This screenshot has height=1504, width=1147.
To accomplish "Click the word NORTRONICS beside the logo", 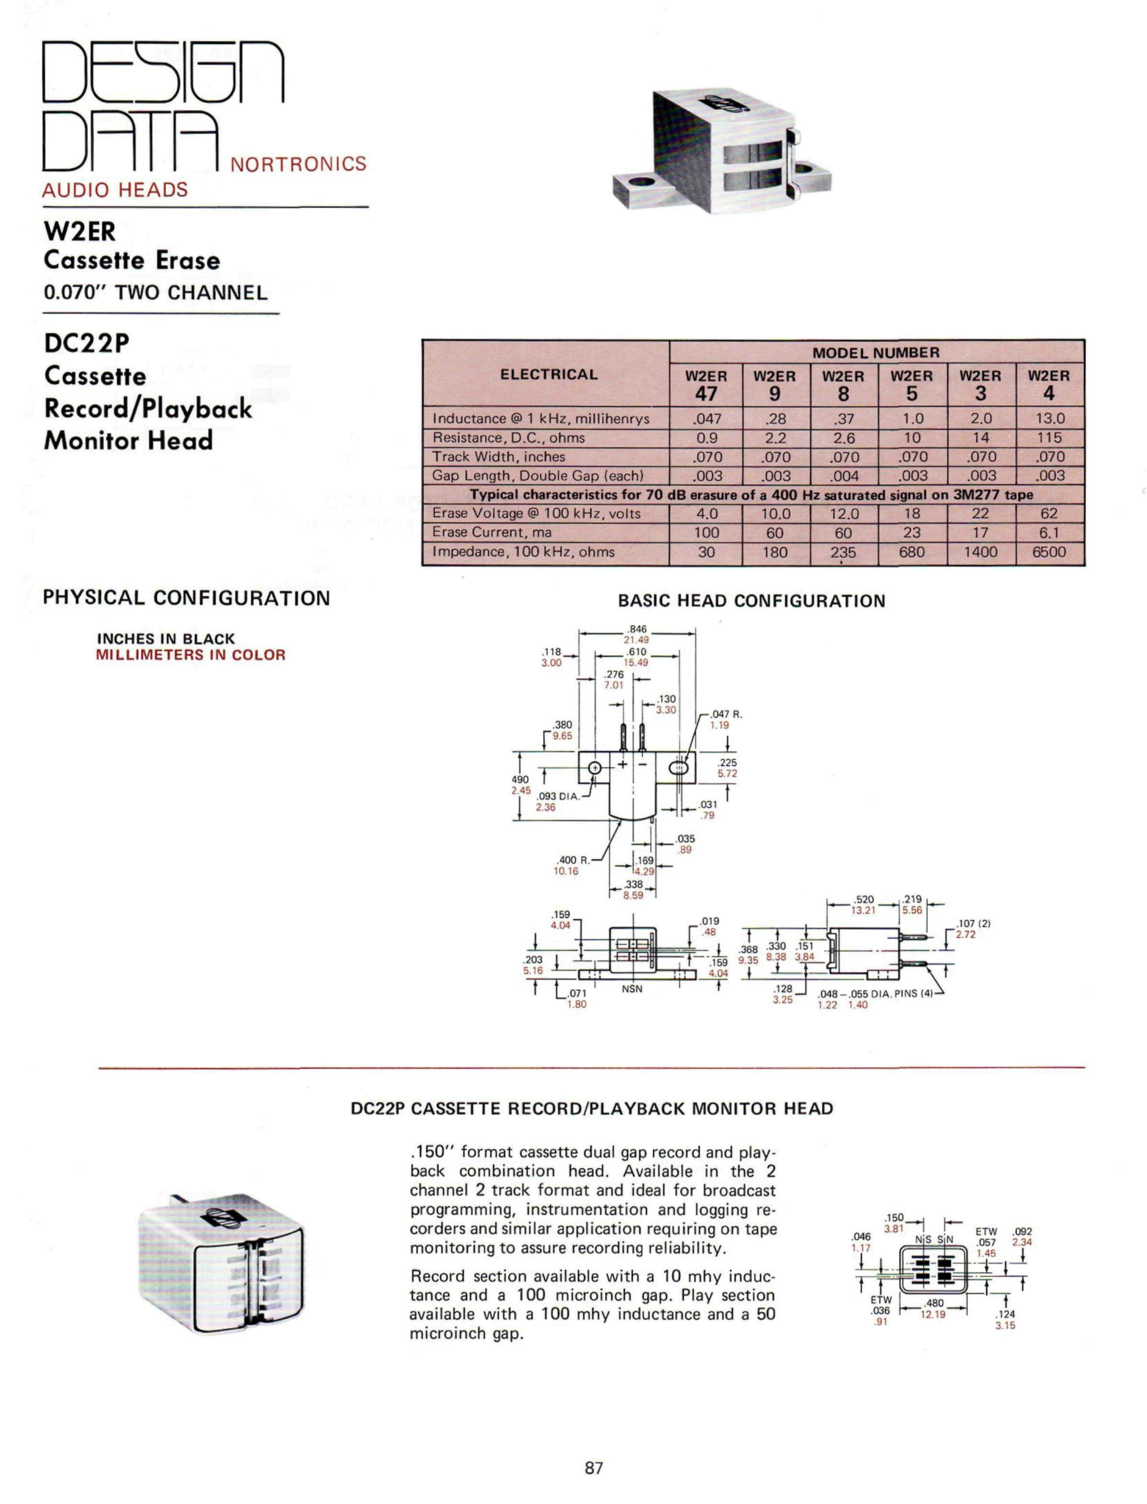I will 298,164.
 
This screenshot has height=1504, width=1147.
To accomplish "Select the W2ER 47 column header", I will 706,385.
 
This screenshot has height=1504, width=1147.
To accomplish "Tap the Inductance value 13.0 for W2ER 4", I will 1049,418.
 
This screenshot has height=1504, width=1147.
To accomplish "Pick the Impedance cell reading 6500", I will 1049,552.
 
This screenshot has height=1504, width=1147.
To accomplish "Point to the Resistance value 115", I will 1049,437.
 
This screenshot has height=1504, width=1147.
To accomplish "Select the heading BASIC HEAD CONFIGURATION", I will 751,601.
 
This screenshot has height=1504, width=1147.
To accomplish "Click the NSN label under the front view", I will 631,988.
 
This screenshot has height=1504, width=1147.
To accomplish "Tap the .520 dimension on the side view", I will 864,899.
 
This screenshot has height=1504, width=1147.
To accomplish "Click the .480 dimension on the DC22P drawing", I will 933,1303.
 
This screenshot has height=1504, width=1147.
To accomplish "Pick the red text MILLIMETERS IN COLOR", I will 191,654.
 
